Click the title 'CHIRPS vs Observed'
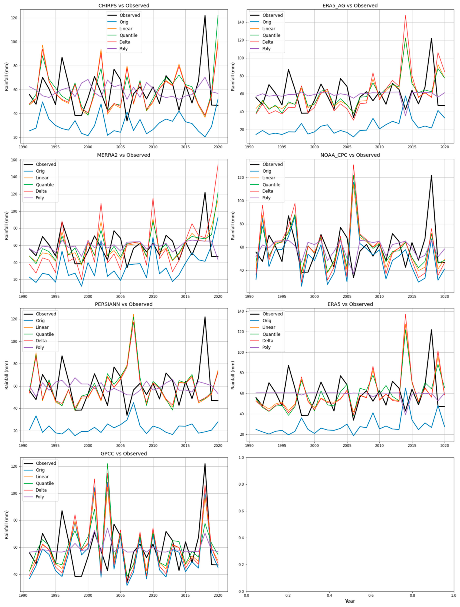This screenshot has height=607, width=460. pos(124,5)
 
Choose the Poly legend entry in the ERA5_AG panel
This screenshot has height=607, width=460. pos(266,49)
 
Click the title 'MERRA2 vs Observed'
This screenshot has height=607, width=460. pos(124,155)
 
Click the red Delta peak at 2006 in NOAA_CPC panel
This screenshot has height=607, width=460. pos(353,165)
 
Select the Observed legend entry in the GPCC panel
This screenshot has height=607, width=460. pos(46,463)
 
